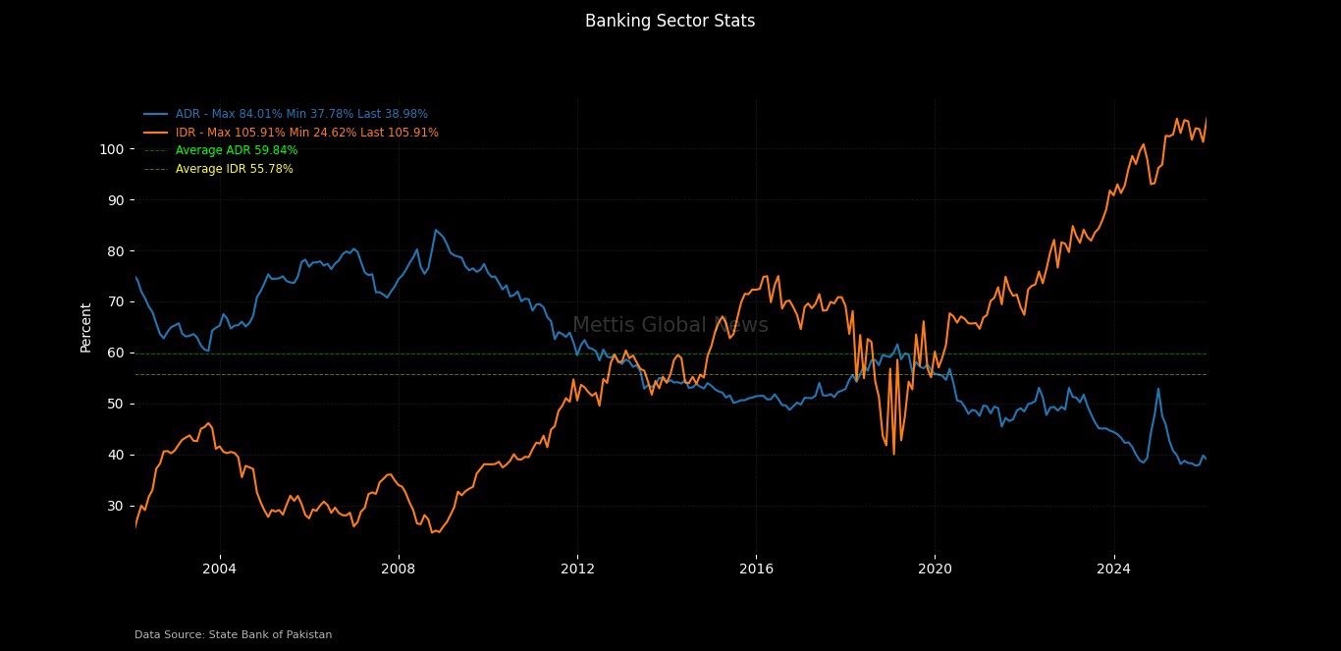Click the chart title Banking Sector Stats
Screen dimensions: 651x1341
click(670, 21)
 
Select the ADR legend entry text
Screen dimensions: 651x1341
click(301, 114)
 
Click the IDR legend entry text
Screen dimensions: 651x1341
click(306, 133)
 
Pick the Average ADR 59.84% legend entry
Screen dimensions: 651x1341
click(237, 150)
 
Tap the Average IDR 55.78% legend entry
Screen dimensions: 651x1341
click(234, 169)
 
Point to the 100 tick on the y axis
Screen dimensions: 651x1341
click(110, 149)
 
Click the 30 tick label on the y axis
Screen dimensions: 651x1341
click(114, 506)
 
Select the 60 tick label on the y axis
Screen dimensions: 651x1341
click(114, 353)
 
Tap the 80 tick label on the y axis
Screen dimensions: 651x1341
click(114, 251)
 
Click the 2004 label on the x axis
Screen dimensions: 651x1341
click(219, 569)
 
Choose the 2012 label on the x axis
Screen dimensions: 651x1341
click(577, 569)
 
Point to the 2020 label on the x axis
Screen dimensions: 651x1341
click(935, 569)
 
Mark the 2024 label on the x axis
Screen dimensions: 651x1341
click(1113, 569)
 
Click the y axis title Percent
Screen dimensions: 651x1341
click(86, 327)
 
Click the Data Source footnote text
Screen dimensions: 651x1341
click(233, 635)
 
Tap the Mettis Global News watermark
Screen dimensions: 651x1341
click(670, 326)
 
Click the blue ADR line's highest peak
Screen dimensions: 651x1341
click(436, 230)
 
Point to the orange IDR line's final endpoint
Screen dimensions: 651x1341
click(1207, 119)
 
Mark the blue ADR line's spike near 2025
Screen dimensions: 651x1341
click(1158, 389)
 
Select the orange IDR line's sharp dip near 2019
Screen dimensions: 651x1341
click(893, 454)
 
